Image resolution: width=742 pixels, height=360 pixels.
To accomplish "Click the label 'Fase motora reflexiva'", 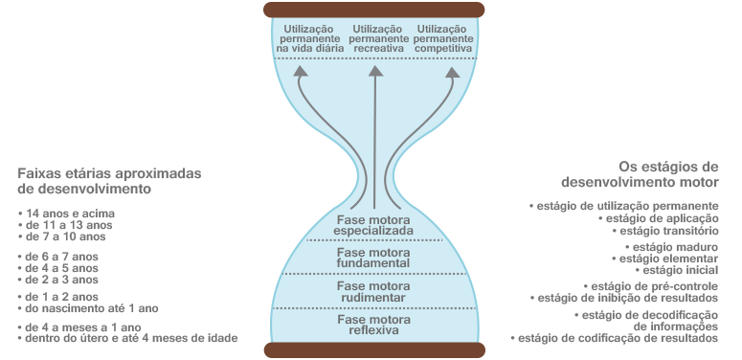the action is pyautogui.click(x=373, y=325).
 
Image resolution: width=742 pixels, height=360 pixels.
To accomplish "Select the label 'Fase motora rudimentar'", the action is pyautogui.click(x=373, y=292).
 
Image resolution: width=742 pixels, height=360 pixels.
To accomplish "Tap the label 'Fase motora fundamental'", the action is pyautogui.click(x=373, y=258).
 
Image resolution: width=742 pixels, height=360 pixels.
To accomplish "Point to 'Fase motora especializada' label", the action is pyautogui.click(x=373, y=226).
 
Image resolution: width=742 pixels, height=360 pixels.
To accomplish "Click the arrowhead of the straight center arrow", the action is pyautogui.click(x=375, y=72).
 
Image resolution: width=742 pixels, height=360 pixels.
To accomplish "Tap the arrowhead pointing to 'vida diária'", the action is pyautogui.click(x=300, y=72).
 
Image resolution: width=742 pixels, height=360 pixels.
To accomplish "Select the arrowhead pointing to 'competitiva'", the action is pyautogui.click(x=453, y=73).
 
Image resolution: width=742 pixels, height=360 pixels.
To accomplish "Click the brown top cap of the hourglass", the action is pyautogui.click(x=373, y=10).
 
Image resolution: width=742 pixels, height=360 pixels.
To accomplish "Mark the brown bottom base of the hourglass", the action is pyautogui.click(x=374, y=349).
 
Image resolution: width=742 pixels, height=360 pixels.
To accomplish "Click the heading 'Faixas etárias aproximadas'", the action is pyautogui.click(x=110, y=173).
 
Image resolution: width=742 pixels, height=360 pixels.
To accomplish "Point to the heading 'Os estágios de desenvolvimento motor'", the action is pyautogui.click(x=640, y=174).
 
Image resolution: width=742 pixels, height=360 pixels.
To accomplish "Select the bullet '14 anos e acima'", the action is pyautogui.click(x=67, y=214).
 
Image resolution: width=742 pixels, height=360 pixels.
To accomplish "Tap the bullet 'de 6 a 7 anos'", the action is pyautogui.click(x=58, y=257).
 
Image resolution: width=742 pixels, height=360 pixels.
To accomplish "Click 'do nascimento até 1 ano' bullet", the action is pyautogui.click(x=88, y=308).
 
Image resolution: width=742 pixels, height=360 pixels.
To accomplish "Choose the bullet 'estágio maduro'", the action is pyautogui.click(x=671, y=247).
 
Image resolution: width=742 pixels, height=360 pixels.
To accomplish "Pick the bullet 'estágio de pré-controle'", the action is pyautogui.click(x=651, y=286).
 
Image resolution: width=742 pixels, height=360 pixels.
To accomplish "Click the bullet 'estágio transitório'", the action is pyautogui.click(x=664, y=231).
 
